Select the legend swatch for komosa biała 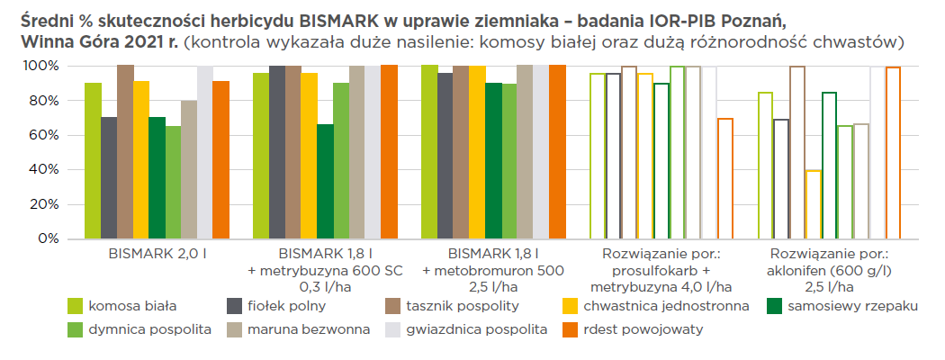click(76, 306)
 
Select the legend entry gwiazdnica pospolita click(476, 329)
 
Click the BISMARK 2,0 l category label click(157, 253)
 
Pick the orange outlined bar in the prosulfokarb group click(725, 179)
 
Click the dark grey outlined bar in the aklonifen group click(781, 180)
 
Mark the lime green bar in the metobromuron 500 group click(429, 152)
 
